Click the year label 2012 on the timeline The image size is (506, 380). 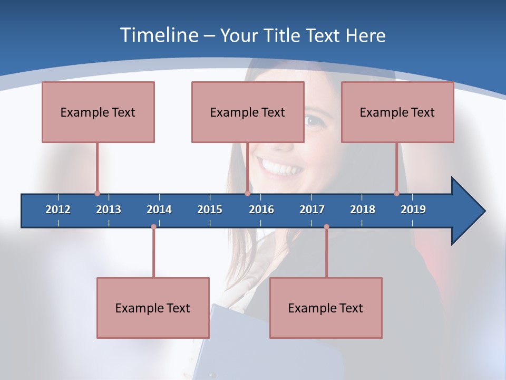tap(58, 210)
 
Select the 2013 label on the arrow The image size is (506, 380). tap(109, 210)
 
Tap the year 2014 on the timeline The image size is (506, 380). tap(159, 210)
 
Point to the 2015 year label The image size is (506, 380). tap(210, 210)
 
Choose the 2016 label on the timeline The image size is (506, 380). tap(261, 210)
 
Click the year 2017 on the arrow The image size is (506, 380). tap(312, 210)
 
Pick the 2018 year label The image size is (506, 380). tap(363, 210)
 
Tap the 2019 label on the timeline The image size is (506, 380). tap(413, 210)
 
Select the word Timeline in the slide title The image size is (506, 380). tap(159, 35)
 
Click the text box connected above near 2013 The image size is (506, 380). tap(98, 112)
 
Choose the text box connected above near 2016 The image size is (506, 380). tap(248, 112)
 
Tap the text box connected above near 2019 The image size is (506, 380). tap(397, 112)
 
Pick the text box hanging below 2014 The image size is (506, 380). tap(153, 308)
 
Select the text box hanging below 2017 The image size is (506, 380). tap(326, 308)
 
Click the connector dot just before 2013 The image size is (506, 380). tap(97, 194)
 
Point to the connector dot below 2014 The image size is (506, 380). tap(153, 227)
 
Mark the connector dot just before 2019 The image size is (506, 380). tap(397, 194)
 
